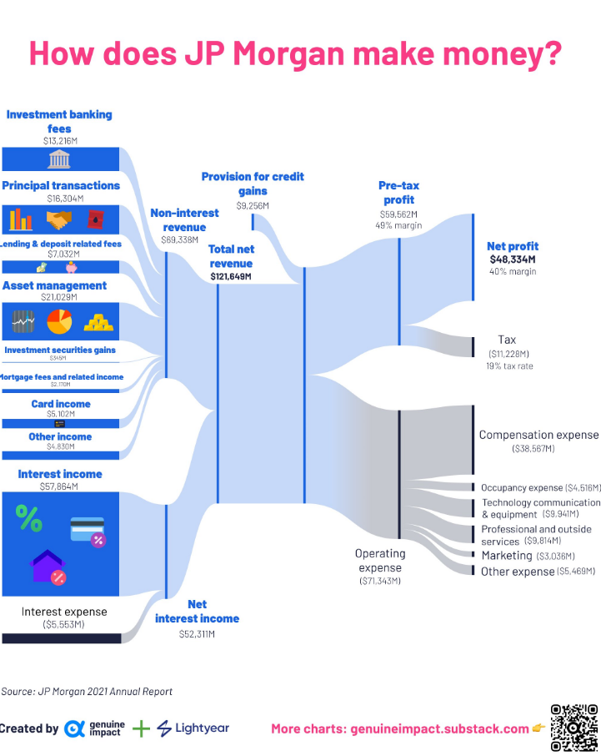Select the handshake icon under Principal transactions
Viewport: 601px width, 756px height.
(58, 219)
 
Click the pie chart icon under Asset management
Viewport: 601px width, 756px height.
(59, 320)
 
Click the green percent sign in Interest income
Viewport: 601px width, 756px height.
(28, 519)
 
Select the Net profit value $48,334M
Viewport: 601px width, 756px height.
(513, 260)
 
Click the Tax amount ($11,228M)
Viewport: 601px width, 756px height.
(507, 354)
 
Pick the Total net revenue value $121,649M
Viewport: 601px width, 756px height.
(230, 276)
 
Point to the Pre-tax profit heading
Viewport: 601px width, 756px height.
(398, 194)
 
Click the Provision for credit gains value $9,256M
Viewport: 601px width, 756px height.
(253, 205)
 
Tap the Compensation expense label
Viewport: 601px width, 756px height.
(538, 435)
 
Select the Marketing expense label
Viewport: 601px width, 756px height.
(506, 556)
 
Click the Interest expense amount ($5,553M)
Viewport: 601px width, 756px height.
(63, 624)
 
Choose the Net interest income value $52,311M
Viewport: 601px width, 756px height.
(197, 634)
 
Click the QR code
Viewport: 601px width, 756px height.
(573, 728)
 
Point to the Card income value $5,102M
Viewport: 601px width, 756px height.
(61, 414)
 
